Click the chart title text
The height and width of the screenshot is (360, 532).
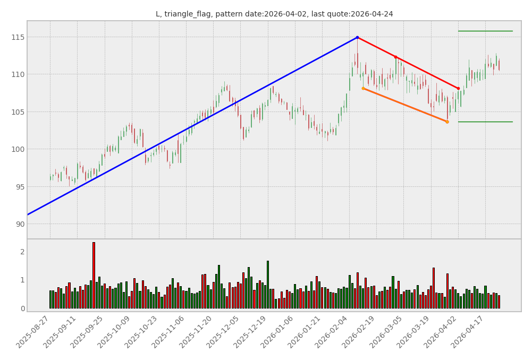point(274,14)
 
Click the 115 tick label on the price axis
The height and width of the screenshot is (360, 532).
point(18,37)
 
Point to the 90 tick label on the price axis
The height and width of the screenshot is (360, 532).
point(20,224)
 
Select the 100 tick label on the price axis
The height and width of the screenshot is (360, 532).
point(18,149)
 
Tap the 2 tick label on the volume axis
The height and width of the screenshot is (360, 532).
point(22,252)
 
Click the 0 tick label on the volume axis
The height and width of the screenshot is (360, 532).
point(22,308)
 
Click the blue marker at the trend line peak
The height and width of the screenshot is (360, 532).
point(357,37)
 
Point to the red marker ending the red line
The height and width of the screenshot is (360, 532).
point(458,88)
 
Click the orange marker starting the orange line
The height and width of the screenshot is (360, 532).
point(363,88)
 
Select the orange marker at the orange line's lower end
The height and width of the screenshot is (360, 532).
point(447,122)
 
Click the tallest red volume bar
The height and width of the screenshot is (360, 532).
point(94,275)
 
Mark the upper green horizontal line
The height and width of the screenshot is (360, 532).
point(485,31)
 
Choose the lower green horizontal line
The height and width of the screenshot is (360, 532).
point(485,122)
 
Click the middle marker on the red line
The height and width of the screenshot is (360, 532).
point(395,57)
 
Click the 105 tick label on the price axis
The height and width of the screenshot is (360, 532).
point(18,112)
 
